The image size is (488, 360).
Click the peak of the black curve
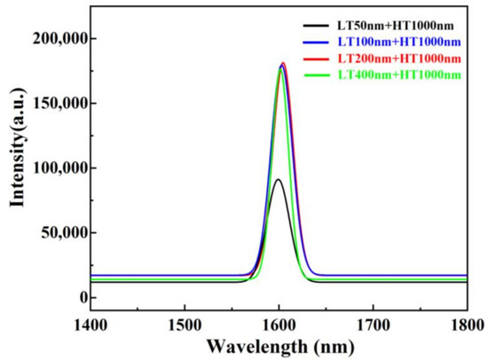point(279,179)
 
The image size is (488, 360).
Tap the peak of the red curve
point(283,63)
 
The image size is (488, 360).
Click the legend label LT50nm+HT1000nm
point(395,26)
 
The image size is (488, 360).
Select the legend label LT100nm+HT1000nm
point(399,42)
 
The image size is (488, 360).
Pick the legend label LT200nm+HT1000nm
point(399,59)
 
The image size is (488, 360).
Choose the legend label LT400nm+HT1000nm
point(399,74)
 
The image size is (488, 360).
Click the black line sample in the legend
point(316,26)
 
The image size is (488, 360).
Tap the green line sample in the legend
point(316,74)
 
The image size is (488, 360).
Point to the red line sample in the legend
point(316,59)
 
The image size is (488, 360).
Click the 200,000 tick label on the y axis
point(60,39)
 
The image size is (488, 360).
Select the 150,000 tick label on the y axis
point(60,104)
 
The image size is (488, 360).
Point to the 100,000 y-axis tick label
point(60,168)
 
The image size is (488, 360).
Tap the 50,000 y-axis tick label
point(65,233)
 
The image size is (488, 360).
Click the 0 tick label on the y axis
point(83,297)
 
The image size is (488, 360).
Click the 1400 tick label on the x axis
point(91,325)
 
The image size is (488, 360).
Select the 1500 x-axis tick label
point(185,325)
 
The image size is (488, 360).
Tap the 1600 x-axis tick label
point(279,325)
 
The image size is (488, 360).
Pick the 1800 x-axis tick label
point(467,325)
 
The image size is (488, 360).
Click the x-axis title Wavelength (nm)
point(280,347)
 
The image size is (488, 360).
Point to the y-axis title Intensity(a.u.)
point(18,147)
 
